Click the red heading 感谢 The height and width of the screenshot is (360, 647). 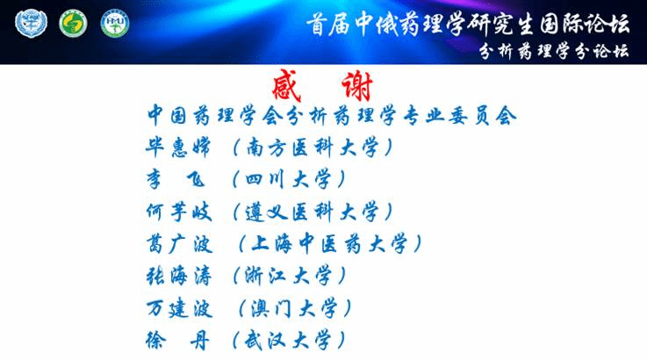click(x=323, y=85)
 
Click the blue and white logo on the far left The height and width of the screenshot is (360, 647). click(x=31, y=24)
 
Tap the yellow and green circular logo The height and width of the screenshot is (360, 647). click(x=73, y=24)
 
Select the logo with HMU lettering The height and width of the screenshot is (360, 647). click(x=115, y=24)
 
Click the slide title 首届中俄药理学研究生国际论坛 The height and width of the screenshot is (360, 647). click(x=468, y=24)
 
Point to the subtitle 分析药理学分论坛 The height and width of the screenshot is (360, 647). click(x=554, y=51)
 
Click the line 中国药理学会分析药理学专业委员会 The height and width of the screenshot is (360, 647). click(x=332, y=115)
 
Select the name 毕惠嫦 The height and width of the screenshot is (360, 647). click(x=178, y=148)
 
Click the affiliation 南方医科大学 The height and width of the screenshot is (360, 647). click(x=312, y=148)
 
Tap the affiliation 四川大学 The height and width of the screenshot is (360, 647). click(x=288, y=180)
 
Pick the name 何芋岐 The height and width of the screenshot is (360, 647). click(x=179, y=212)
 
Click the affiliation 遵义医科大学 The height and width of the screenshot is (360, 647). click(x=312, y=212)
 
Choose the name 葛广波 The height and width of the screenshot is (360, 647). click(x=179, y=243)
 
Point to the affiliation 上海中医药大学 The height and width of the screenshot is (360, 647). click(x=329, y=243)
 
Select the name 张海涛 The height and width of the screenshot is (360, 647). click(x=179, y=276)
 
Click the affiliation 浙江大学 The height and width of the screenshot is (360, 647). click(x=288, y=276)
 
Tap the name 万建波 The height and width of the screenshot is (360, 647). click(x=179, y=308)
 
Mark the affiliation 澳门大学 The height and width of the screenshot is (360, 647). click(x=294, y=308)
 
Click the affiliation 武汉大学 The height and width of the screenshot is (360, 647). click(x=288, y=341)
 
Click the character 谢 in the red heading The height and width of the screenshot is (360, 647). click(x=357, y=86)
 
